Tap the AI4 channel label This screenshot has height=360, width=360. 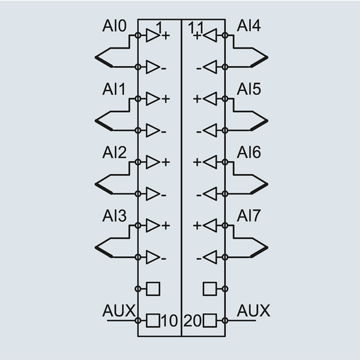pos(248,26)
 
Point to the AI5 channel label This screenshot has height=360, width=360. pos(248,89)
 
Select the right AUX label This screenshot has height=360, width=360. pos(254,311)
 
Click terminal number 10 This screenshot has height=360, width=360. pos(170,320)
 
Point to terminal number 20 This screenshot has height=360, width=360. pos(192,320)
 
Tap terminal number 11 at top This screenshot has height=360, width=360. pos(195,27)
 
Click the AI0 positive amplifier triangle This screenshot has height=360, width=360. pos(154,35)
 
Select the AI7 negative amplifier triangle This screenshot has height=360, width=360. pos(209,257)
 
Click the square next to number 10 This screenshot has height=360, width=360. pos(154,320)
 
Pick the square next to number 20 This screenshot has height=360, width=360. pos(209,320)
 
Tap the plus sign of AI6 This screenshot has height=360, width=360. pos(196,163)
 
